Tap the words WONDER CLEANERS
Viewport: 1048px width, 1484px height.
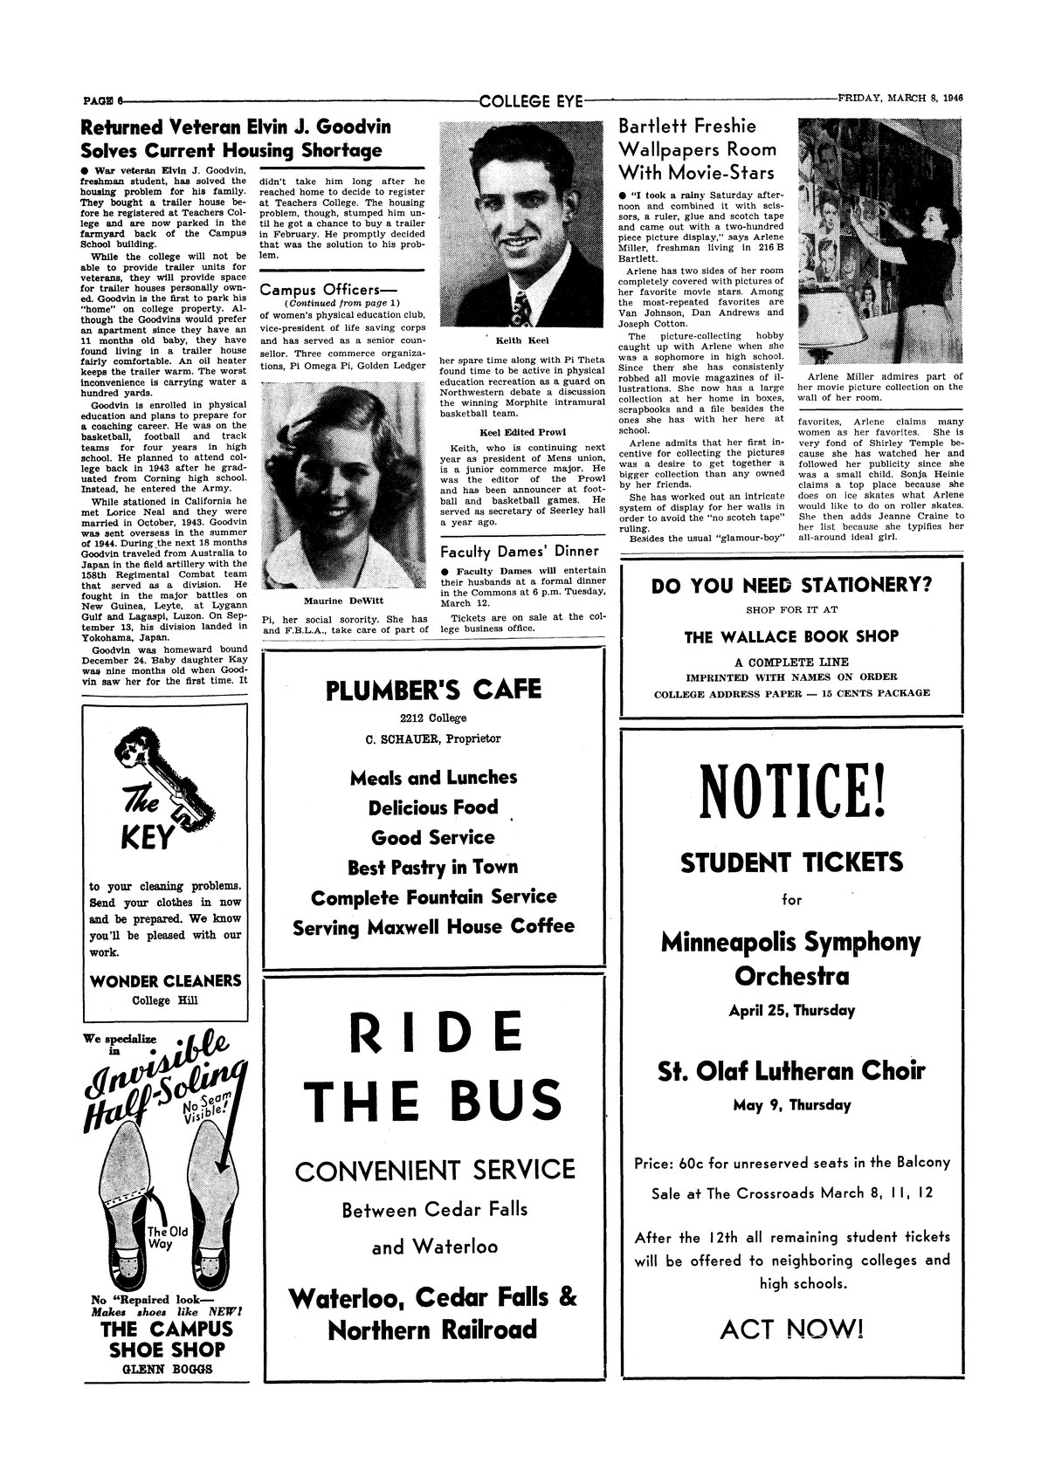(166, 980)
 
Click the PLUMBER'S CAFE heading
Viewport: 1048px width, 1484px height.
(433, 690)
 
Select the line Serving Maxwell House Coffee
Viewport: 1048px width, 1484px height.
(433, 927)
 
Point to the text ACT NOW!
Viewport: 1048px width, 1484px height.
(791, 1329)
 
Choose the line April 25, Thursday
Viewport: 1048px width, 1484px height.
(791, 1011)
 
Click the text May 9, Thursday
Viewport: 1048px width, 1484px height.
(791, 1105)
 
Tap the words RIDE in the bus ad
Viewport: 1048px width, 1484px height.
(434, 1035)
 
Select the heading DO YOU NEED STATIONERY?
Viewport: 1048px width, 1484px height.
(791, 585)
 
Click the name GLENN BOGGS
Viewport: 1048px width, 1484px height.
(167, 1370)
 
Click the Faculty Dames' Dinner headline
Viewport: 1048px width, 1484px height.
(519, 551)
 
